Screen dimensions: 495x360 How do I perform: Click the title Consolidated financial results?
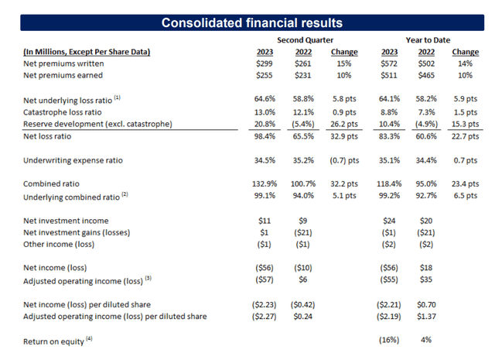[x=252, y=22]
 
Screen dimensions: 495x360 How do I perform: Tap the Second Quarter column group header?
[x=305, y=40]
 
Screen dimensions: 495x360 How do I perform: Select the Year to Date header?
[x=428, y=40]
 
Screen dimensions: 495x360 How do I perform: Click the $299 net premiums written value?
[x=265, y=63]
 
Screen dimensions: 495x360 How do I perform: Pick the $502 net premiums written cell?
[x=426, y=63]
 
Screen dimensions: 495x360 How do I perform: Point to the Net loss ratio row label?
[x=47, y=136]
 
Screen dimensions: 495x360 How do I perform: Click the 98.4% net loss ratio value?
[x=265, y=136]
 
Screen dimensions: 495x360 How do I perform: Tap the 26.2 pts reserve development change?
[x=344, y=124]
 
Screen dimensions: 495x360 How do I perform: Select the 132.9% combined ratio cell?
[x=265, y=183]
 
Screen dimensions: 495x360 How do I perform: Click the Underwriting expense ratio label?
[x=73, y=160]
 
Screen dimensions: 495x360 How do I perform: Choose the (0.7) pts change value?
[x=344, y=160]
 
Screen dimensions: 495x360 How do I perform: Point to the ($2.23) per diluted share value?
[x=265, y=305]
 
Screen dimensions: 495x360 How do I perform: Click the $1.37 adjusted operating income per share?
[x=426, y=317]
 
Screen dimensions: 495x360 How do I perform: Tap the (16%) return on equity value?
[x=389, y=340]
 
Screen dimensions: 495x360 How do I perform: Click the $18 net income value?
[x=426, y=268]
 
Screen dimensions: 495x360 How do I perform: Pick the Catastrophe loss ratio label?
[x=63, y=112]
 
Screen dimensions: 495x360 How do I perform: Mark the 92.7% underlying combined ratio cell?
[x=426, y=195]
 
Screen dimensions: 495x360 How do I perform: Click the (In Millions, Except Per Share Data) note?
[x=87, y=52]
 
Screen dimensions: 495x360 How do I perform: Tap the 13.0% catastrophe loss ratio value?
[x=265, y=112]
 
